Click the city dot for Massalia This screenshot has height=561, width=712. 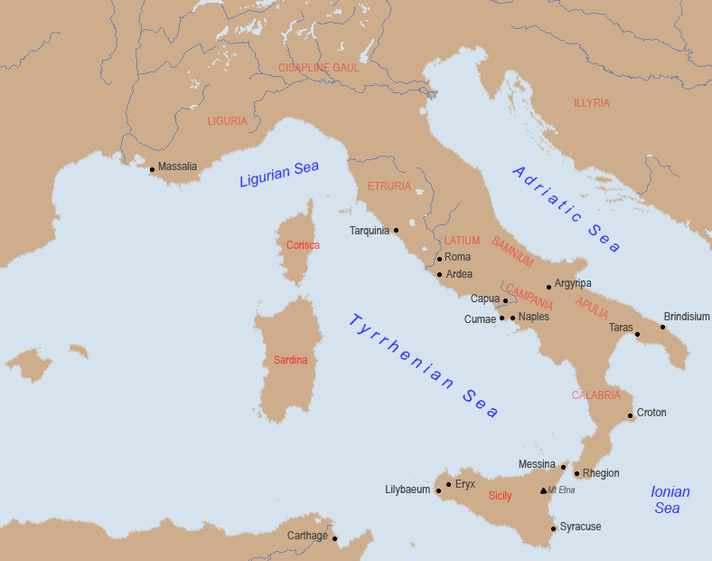click(x=152, y=169)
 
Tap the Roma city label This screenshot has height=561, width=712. click(x=457, y=257)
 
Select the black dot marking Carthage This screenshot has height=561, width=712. click(x=334, y=538)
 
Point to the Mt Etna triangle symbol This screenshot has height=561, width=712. click(x=543, y=490)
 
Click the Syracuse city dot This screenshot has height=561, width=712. click(x=553, y=528)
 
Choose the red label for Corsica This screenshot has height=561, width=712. click(x=303, y=245)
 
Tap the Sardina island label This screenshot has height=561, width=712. click(x=290, y=360)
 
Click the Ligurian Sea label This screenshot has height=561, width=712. click(x=278, y=174)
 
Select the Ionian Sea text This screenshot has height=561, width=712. click(x=670, y=500)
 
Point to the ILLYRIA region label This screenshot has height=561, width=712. click(x=592, y=103)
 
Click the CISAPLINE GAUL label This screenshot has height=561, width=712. click(x=319, y=68)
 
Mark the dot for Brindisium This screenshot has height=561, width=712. click(x=662, y=327)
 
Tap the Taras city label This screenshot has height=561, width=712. click(x=621, y=328)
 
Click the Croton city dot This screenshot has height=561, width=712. click(x=630, y=416)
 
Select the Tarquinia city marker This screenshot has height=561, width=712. click(x=396, y=230)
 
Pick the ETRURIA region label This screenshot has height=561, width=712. click(x=389, y=186)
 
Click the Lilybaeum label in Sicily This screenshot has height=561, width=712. click(x=408, y=490)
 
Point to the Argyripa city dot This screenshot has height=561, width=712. click(x=548, y=287)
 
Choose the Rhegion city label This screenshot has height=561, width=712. click(x=601, y=473)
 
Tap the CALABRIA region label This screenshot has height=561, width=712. click(x=595, y=395)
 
